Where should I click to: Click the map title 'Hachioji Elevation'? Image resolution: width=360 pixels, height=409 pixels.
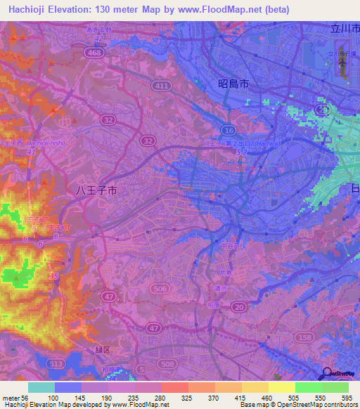(53, 9)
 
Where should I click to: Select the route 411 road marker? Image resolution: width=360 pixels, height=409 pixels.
(163, 86)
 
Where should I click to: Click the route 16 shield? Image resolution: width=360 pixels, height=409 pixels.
(228, 131)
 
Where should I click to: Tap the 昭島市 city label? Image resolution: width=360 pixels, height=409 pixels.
(233, 84)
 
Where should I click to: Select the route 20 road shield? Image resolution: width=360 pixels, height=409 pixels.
(238, 306)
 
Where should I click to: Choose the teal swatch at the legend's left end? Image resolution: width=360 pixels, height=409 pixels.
(41, 387)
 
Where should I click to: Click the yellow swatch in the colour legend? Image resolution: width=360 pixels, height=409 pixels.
(281, 387)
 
